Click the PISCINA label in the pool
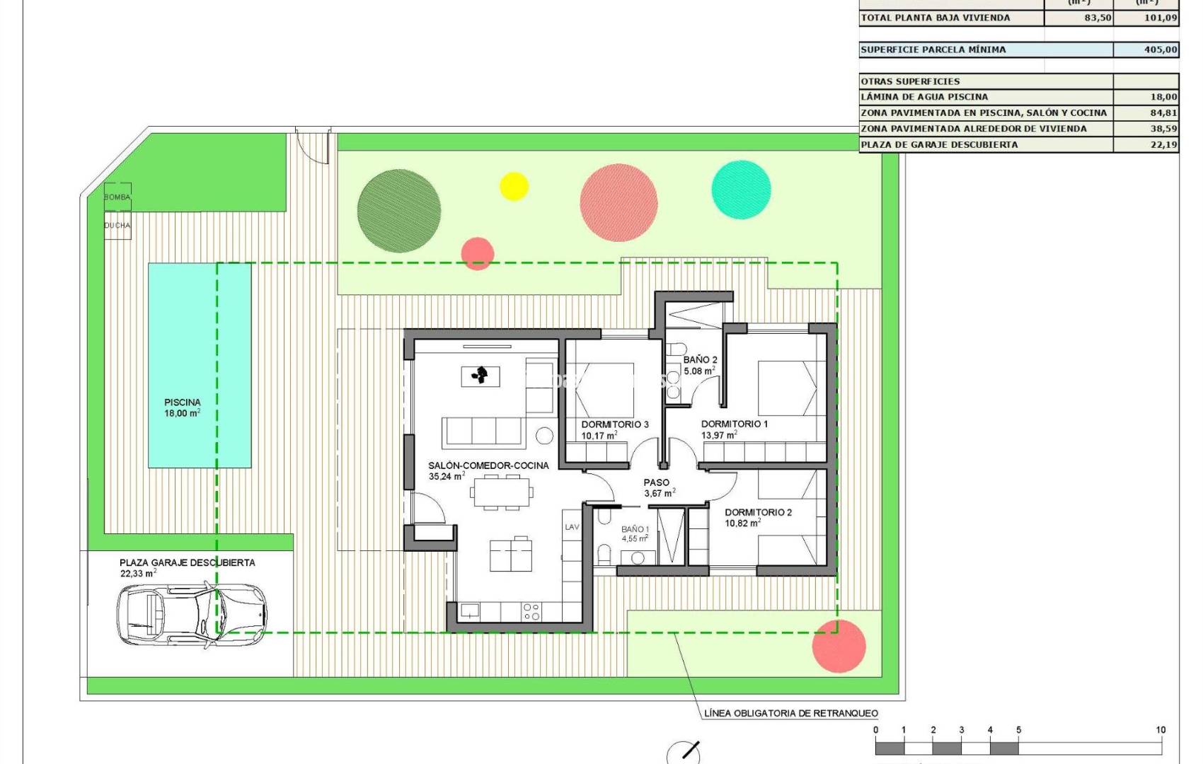pos(183,402)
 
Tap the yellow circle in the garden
pos(514,186)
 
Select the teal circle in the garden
pos(741,190)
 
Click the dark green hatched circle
pos(399,211)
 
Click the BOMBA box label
pos(117,197)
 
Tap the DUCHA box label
pos(117,225)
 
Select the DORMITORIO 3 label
pos(614,424)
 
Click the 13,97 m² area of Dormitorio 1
pos(718,435)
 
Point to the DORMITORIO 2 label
pos(758,512)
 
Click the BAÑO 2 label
pos(700,359)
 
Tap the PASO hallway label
pos(656,482)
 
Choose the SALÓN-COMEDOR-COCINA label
pos(488,465)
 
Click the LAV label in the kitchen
pos(572,527)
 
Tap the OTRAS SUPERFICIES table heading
pos(910,81)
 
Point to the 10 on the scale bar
pos(1161,730)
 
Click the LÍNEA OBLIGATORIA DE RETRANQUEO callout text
pos(790,713)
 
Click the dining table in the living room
pos(501,492)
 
